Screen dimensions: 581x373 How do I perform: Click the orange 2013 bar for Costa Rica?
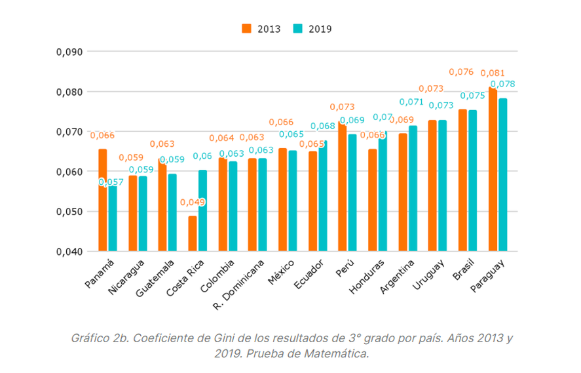(x=193, y=233)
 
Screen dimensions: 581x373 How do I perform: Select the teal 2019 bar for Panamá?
(x=112, y=218)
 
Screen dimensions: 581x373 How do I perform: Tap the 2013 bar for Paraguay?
(x=493, y=169)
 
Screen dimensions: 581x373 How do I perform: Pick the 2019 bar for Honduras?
(x=383, y=191)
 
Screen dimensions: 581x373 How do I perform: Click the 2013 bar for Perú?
(x=343, y=186)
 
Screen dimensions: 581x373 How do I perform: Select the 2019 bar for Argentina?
(x=413, y=189)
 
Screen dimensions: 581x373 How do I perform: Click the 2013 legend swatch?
(x=246, y=29)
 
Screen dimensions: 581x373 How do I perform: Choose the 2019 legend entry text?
(x=320, y=29)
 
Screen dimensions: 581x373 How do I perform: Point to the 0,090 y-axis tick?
(x=69, y=52)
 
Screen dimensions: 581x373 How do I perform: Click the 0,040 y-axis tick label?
(x=69, y=252)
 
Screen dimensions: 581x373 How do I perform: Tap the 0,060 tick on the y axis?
(x=69, y=172)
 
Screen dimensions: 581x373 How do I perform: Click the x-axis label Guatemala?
(x=155, y=278)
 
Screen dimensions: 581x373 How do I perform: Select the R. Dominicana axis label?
(x=239, y=285)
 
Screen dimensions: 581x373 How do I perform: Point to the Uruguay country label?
(x=428, y=275)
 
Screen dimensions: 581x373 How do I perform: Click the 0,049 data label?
(x=193, y=202)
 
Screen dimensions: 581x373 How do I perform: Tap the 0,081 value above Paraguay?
(x=493, y=73)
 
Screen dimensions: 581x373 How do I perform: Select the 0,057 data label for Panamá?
(x=111, y=182)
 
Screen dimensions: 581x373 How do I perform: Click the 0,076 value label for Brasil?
(x=461, y=72)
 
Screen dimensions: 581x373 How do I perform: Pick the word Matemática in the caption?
(x=337, y=354)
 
